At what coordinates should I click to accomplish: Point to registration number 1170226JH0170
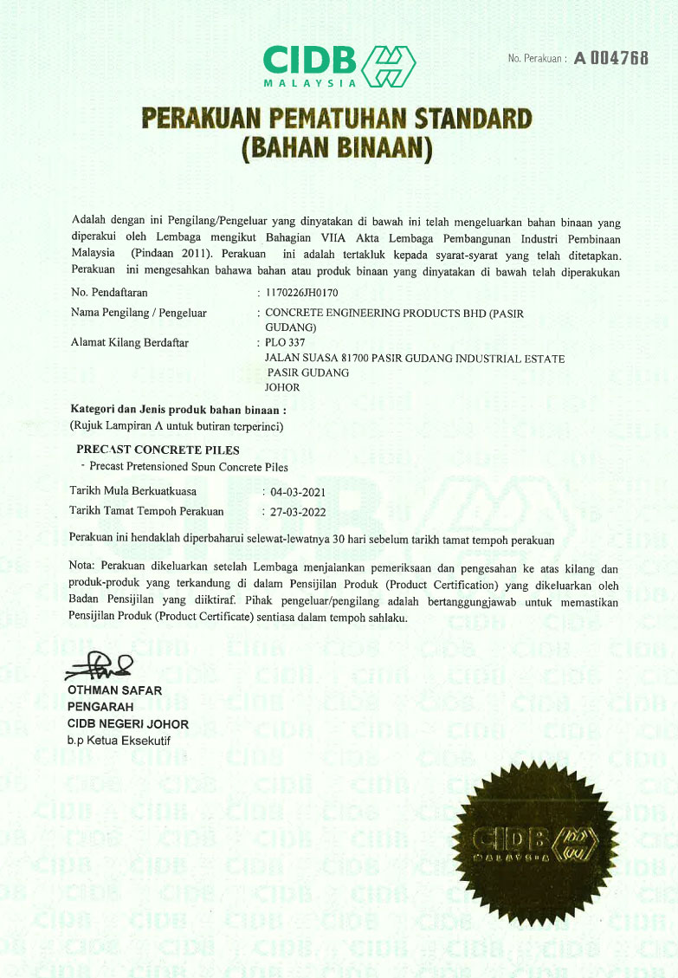(x=302, y=293)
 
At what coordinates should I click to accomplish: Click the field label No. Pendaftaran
(x=109, y=293)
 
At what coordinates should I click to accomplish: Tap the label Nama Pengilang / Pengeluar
(x=139, y=313)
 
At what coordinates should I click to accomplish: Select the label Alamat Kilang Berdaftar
(x=129, y=342)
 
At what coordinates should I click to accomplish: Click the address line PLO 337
(x=287, y=343)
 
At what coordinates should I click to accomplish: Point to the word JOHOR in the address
(x=283, y=387)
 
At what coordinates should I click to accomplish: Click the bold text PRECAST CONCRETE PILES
(x=158, y=450)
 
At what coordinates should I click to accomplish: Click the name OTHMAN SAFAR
(x=113, y=690)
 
